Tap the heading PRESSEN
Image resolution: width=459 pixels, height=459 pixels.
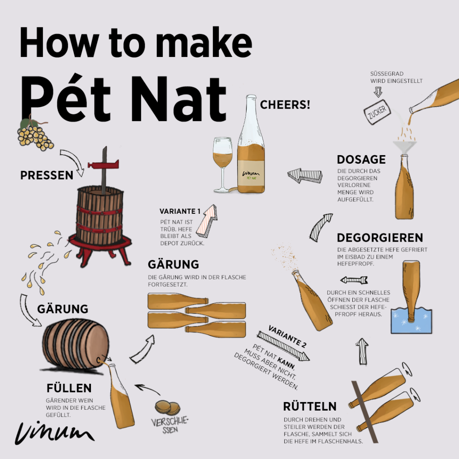coord(47,175)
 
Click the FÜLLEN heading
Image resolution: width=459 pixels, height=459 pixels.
coord(69,388)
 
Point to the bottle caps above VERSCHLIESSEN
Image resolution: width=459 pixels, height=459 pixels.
coord(167,408)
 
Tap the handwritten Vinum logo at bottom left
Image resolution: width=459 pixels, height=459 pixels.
coord(54,433)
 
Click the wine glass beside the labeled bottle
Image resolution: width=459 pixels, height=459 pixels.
coord(223,165)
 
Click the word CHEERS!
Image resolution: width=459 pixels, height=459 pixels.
coord(285,105)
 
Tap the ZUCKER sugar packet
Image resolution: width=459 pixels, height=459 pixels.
coord(377,112)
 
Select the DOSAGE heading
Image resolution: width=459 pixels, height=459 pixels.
coord(361,160)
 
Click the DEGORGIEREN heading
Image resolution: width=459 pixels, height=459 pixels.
coord(380,238)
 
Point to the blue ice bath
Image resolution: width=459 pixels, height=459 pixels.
coord(411,320)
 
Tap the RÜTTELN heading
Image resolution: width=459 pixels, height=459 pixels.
coord(310,406)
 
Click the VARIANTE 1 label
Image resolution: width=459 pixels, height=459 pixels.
coord(180,211)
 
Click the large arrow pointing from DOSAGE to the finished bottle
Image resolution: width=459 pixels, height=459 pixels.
coord(305,176)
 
